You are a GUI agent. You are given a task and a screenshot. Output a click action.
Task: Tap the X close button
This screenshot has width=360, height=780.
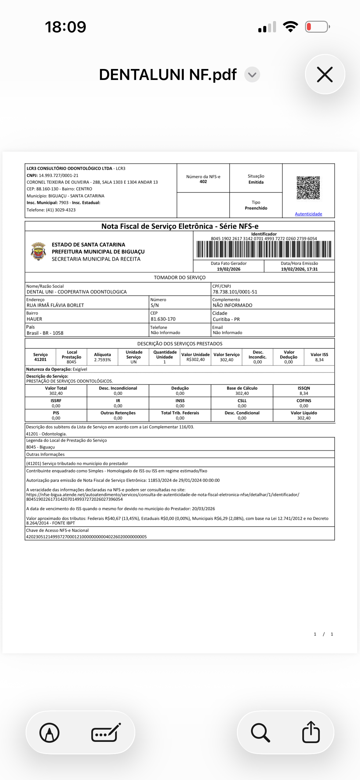[325, 74]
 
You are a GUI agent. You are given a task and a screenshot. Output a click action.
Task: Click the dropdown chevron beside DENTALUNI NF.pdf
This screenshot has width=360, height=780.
[252, 75]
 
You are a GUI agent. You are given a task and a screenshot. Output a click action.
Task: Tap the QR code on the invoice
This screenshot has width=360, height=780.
[308, 188]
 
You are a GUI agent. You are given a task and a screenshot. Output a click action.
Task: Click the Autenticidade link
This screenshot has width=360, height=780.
[308, 214]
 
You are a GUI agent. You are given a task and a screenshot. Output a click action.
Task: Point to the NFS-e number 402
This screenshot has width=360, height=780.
[203, 182]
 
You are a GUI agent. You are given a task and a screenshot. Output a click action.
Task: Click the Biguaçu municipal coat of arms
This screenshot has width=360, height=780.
[38, 251]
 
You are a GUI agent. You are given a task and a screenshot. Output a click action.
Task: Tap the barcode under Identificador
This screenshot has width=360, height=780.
[264, 249]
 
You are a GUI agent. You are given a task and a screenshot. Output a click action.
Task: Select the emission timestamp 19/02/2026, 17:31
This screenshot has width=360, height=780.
[299, 269]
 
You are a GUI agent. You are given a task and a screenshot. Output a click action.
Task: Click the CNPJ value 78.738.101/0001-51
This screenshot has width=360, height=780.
[235, 292]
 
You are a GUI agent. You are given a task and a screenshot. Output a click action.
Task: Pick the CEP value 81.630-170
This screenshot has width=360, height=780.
[163, 319]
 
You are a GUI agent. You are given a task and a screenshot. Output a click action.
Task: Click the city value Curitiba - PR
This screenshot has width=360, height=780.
[226, 320]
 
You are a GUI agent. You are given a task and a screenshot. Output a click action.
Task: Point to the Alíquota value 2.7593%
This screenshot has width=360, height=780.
[102, 360]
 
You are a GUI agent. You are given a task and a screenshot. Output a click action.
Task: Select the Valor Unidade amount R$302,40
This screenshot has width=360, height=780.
[195, 360]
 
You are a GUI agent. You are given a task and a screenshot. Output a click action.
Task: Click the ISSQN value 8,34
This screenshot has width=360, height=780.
[304, 394]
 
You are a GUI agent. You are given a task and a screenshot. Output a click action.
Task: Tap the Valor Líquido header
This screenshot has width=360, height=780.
[304, 413]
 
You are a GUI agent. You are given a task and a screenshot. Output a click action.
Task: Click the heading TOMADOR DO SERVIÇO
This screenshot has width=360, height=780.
[180, 278]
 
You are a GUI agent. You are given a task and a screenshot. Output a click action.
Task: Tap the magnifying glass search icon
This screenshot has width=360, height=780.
[260, 732]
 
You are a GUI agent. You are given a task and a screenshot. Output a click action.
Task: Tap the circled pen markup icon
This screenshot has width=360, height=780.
[49, 732]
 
